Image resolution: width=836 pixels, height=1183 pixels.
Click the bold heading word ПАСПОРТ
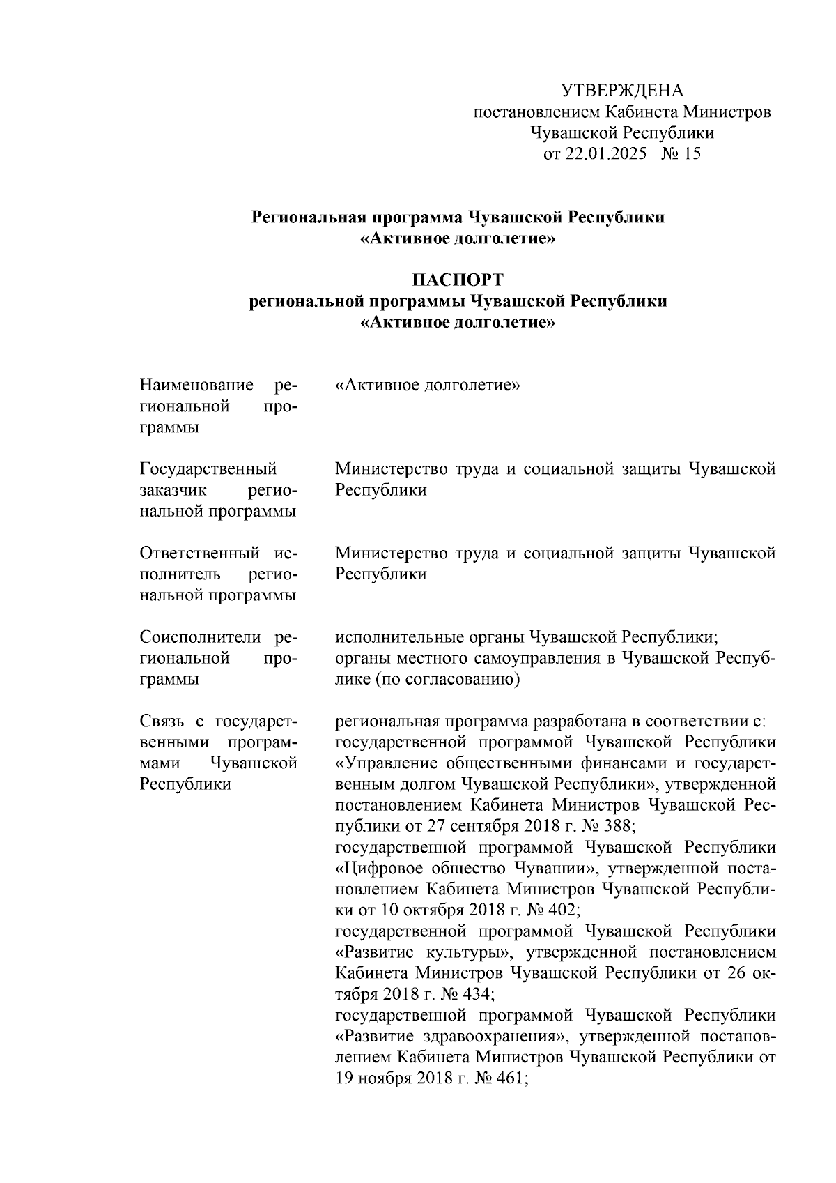coord(458,280)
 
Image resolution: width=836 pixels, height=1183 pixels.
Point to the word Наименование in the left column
coord(196,386)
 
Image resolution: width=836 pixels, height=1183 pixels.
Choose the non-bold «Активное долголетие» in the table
coord(428,386)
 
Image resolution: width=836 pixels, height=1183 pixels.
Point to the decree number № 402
coord(549,910)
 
